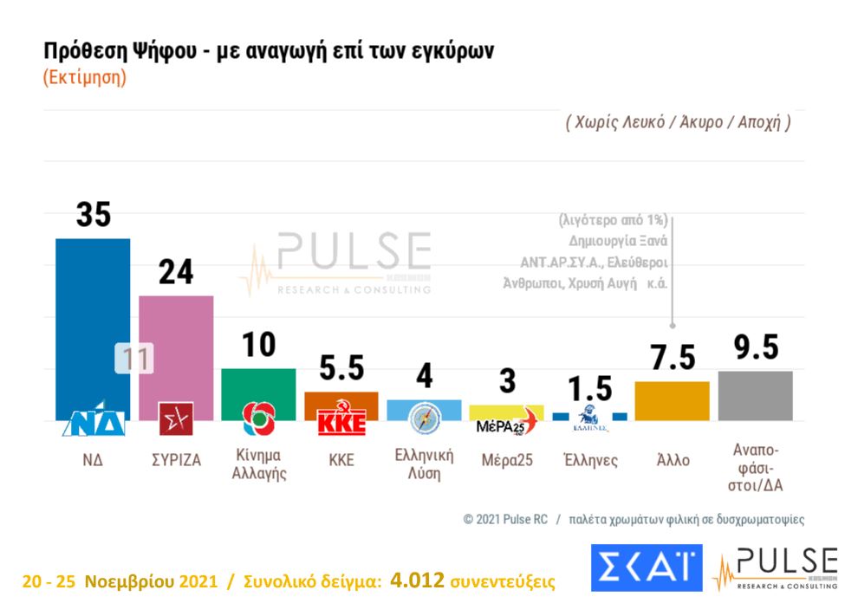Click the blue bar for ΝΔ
92,321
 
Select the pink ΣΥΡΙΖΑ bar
176,347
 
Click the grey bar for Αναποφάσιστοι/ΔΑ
755,395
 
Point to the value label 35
93,214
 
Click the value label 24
176,271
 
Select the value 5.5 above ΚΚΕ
341,369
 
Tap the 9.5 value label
755,347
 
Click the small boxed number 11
134,359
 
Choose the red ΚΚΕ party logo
341,420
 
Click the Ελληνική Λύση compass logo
425,418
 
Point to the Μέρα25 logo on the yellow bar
507,422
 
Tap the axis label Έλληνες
590,460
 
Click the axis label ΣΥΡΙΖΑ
176,460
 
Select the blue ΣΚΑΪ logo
647,567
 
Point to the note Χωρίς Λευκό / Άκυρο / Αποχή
679,121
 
